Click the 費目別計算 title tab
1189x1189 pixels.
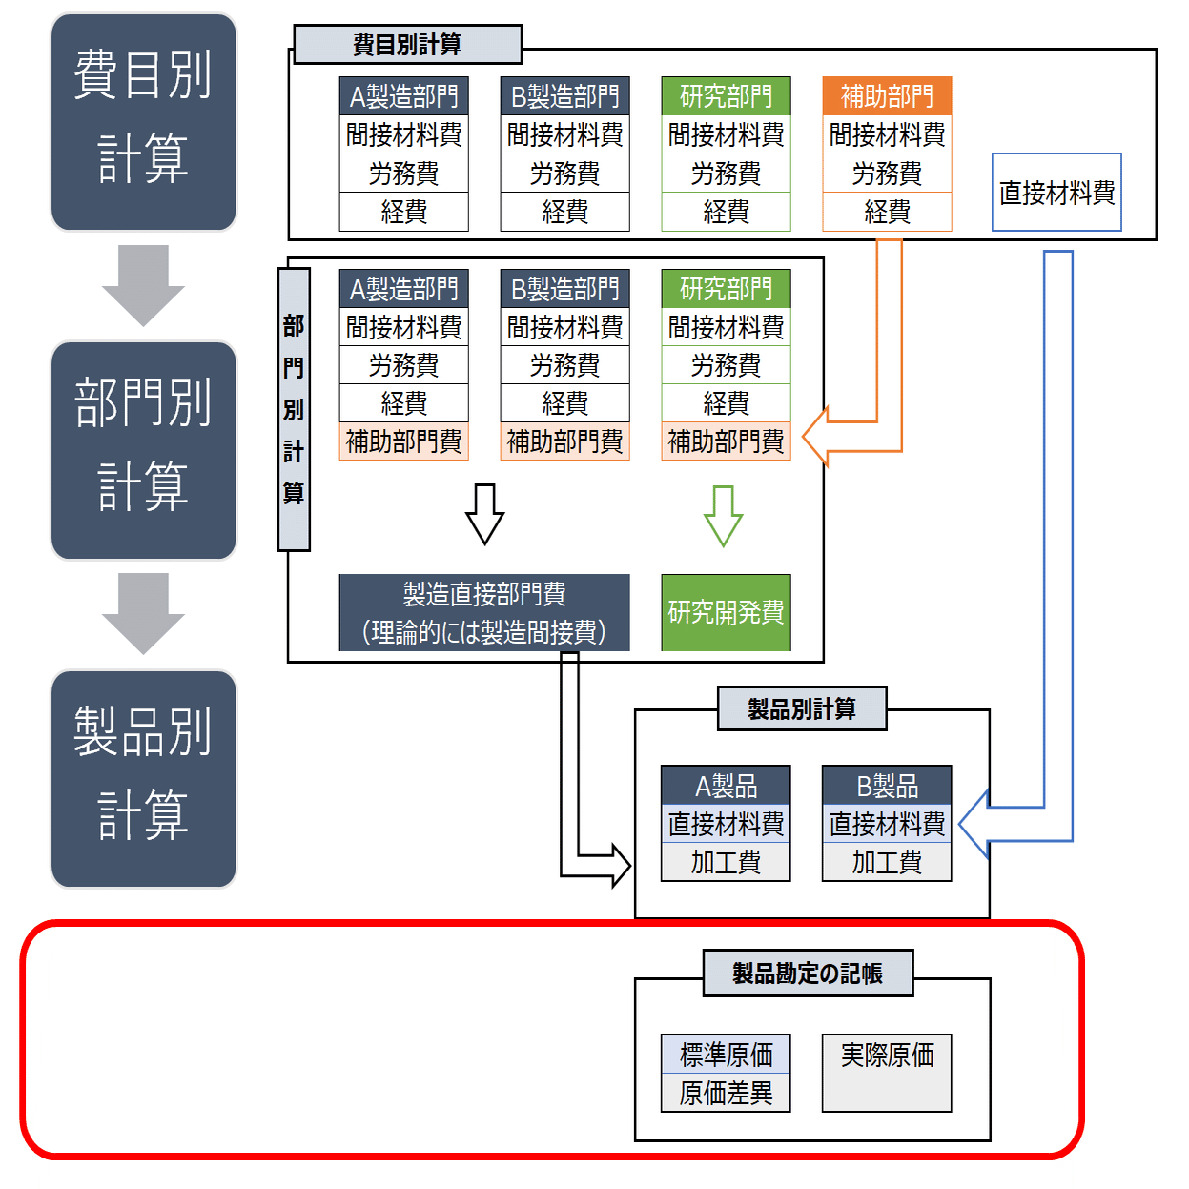click(407, 45)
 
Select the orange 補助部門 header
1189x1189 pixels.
click(887, 96)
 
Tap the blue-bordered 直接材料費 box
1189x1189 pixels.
click(1056, 193)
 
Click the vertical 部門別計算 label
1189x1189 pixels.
click(294, 410)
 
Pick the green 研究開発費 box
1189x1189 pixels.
click(726, 612)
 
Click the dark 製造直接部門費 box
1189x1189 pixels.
click(484, 612)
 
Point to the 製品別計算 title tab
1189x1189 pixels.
click(802, 709)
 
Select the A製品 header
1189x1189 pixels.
click(726, 786)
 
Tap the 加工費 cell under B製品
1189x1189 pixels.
click(887, 862)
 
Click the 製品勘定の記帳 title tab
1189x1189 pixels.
click(808, 974)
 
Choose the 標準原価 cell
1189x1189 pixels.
click(726, 1055)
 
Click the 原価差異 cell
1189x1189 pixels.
click(726, 1093)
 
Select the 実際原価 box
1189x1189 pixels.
click(887, 1073)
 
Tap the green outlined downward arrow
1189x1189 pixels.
click(724, 516)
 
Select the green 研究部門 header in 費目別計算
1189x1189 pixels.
click(726, 96)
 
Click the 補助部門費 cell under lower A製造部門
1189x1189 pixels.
click(403, 441)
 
